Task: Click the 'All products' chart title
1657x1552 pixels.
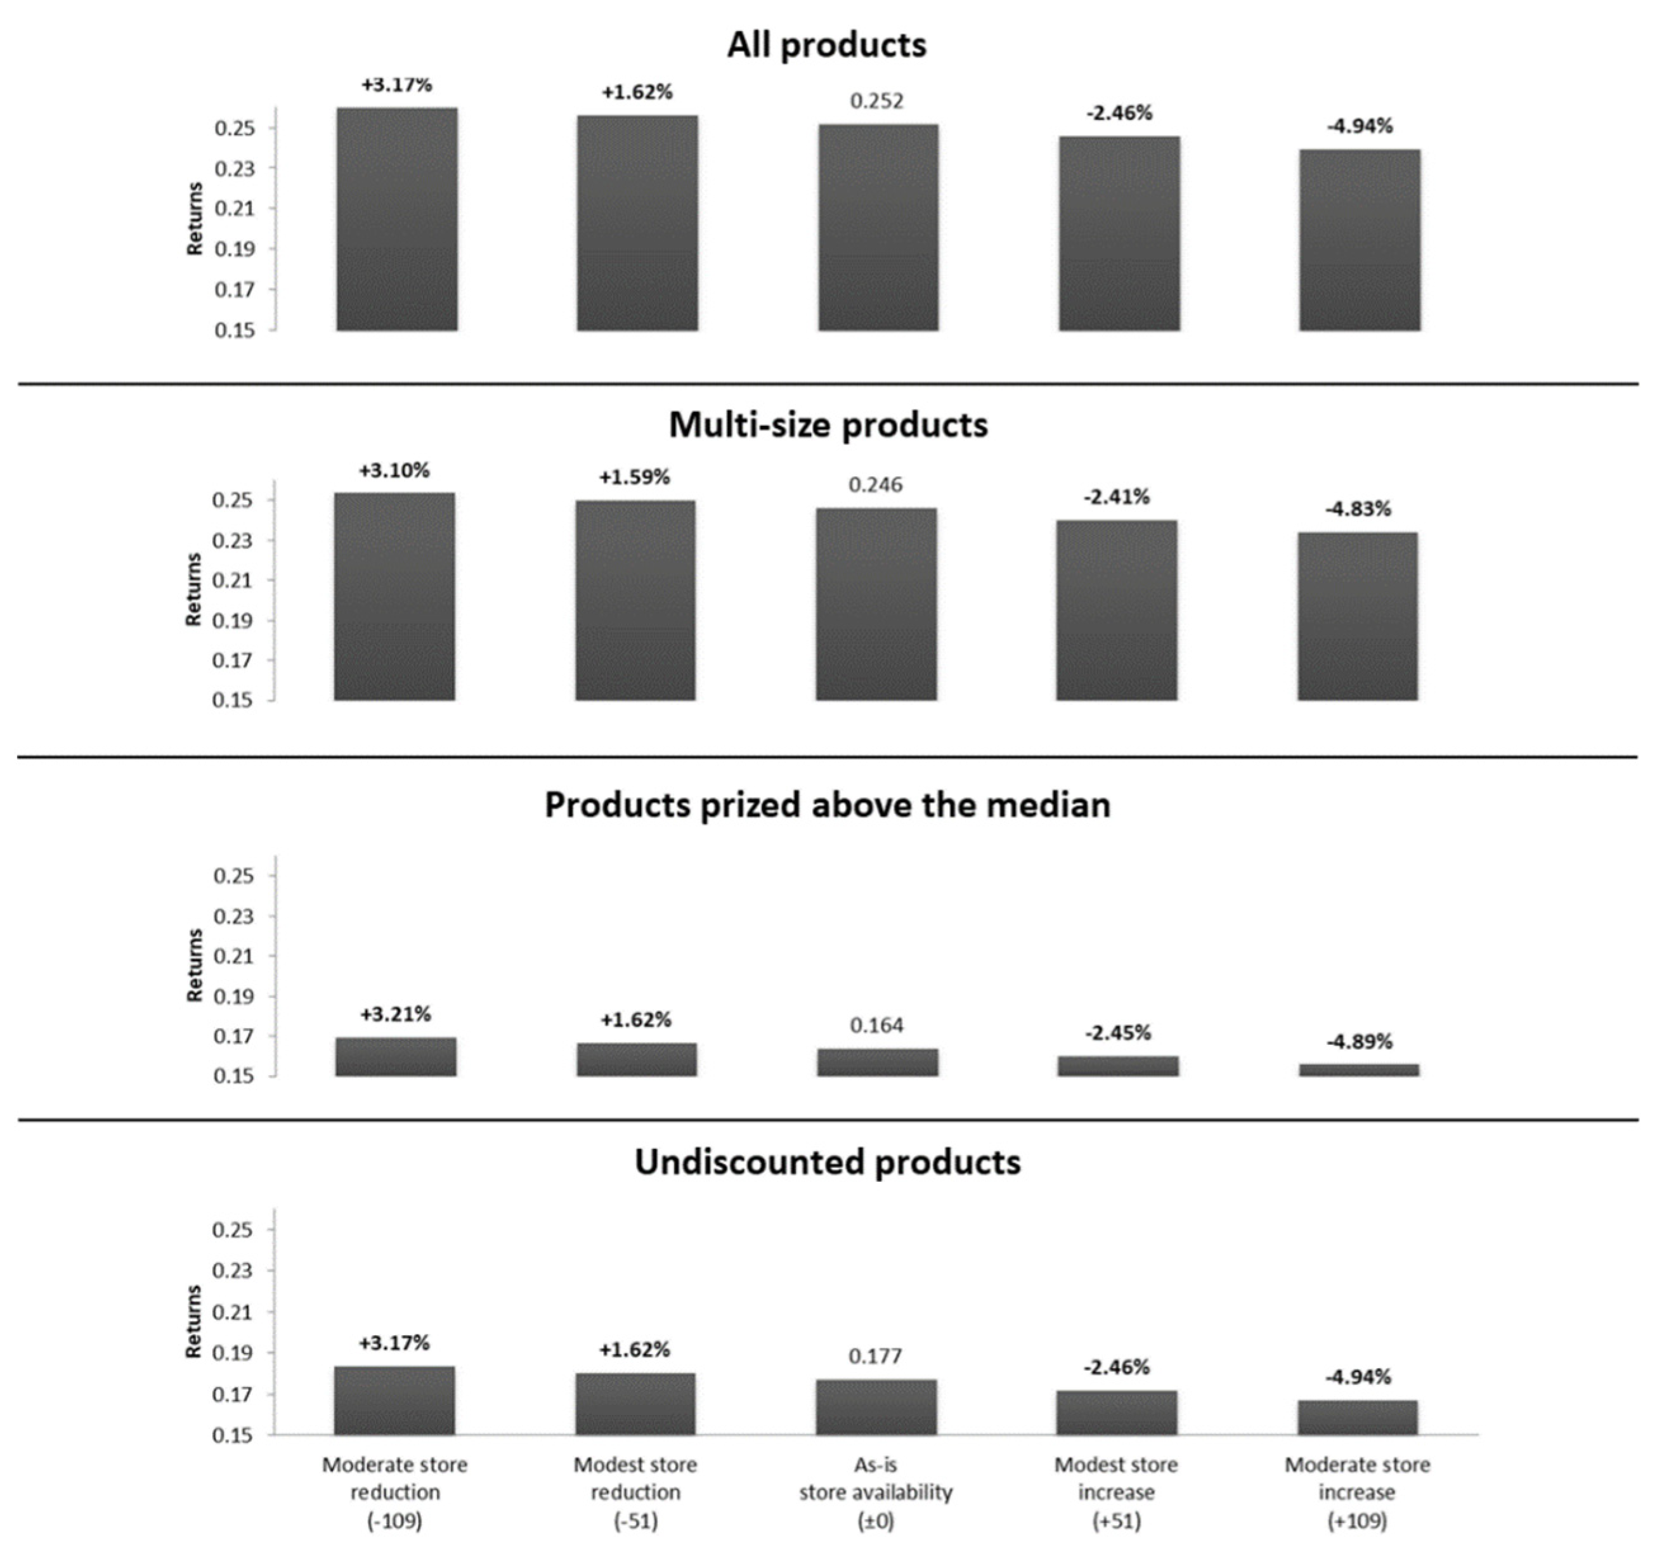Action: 826,45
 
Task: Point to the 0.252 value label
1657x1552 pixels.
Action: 877,101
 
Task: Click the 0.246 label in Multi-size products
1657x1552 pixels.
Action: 875,484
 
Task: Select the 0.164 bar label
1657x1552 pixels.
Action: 877,1025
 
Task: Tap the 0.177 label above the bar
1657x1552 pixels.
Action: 875,1356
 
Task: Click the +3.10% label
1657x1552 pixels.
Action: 394,470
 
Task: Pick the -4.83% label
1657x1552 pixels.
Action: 1358,508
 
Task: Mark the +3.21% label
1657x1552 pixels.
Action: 396,1014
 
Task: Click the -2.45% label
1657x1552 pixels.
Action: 1118,1033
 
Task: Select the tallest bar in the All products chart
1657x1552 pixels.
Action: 397,219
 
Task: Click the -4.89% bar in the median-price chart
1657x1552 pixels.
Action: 1358,1070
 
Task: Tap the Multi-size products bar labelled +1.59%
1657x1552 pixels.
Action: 635,600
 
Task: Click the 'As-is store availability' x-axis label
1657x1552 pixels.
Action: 876,1492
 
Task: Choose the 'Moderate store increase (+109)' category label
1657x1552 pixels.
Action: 1357,1492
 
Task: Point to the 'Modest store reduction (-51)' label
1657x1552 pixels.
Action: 635,1492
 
